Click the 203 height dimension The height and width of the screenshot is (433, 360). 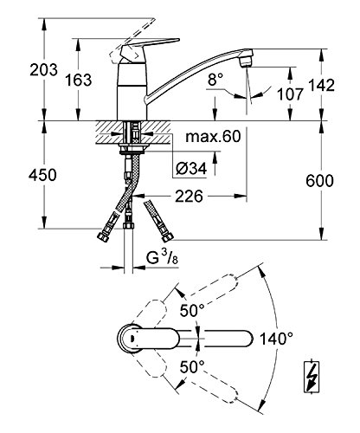coord(43,70)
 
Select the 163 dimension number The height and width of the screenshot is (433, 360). coord(78,80)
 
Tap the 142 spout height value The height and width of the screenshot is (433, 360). coord(321,85)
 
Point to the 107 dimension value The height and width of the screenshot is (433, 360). coord(290,94)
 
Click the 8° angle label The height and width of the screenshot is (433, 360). coord(215,80)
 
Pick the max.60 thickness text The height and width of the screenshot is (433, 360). coord(213,136)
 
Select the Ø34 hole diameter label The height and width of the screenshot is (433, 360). coord(191,168)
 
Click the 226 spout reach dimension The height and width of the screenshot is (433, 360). coord(190,197)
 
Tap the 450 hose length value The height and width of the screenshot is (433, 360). coord(42,176)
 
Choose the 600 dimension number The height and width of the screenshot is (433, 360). coord(319,181)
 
